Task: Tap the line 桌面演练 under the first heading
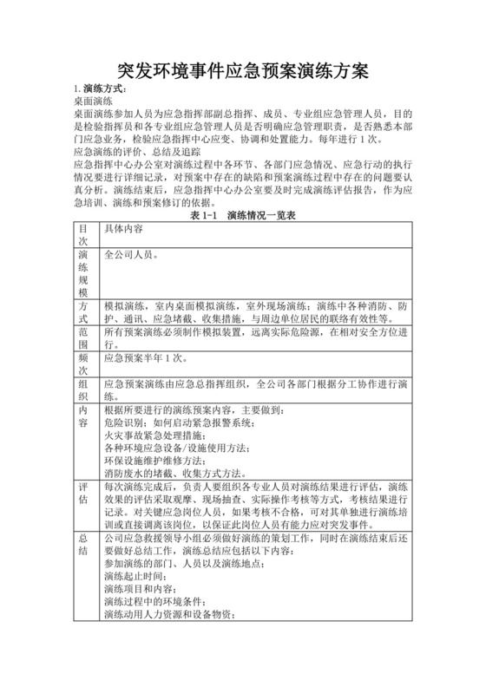(x=92, y=101)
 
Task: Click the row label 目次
(x=83, y=235)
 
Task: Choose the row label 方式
(x=83, y=313)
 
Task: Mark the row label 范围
(x=83, y=338)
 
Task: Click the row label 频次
(x=83, y=363)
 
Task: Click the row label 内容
(x=83, y=416)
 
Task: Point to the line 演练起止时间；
(x=138, y=575)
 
